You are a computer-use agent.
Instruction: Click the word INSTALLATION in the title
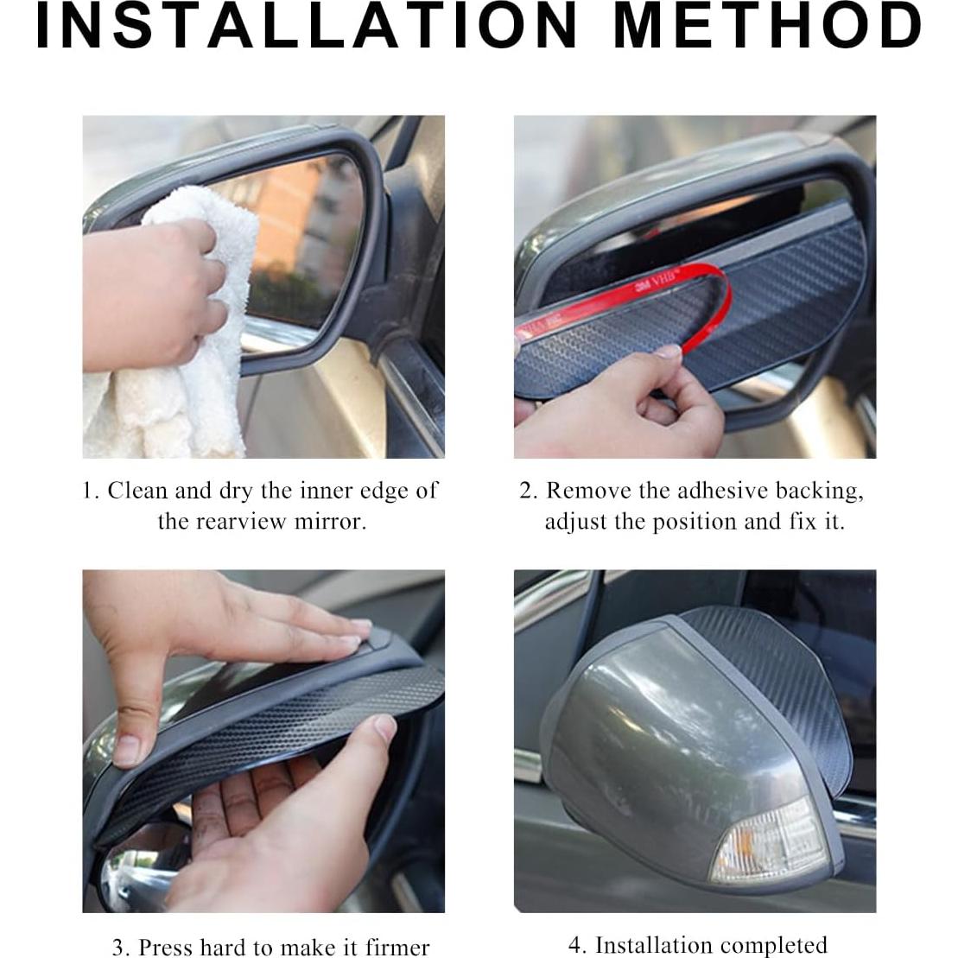tap(307, 27)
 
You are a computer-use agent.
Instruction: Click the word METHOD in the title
tap(767, 27)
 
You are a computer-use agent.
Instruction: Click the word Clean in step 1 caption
tap(138, 491)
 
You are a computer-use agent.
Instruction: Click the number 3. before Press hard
tap(122, 947)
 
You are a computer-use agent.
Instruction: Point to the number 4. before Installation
tap(577, 945)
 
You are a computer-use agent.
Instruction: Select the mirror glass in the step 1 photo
tap(298, 233)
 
